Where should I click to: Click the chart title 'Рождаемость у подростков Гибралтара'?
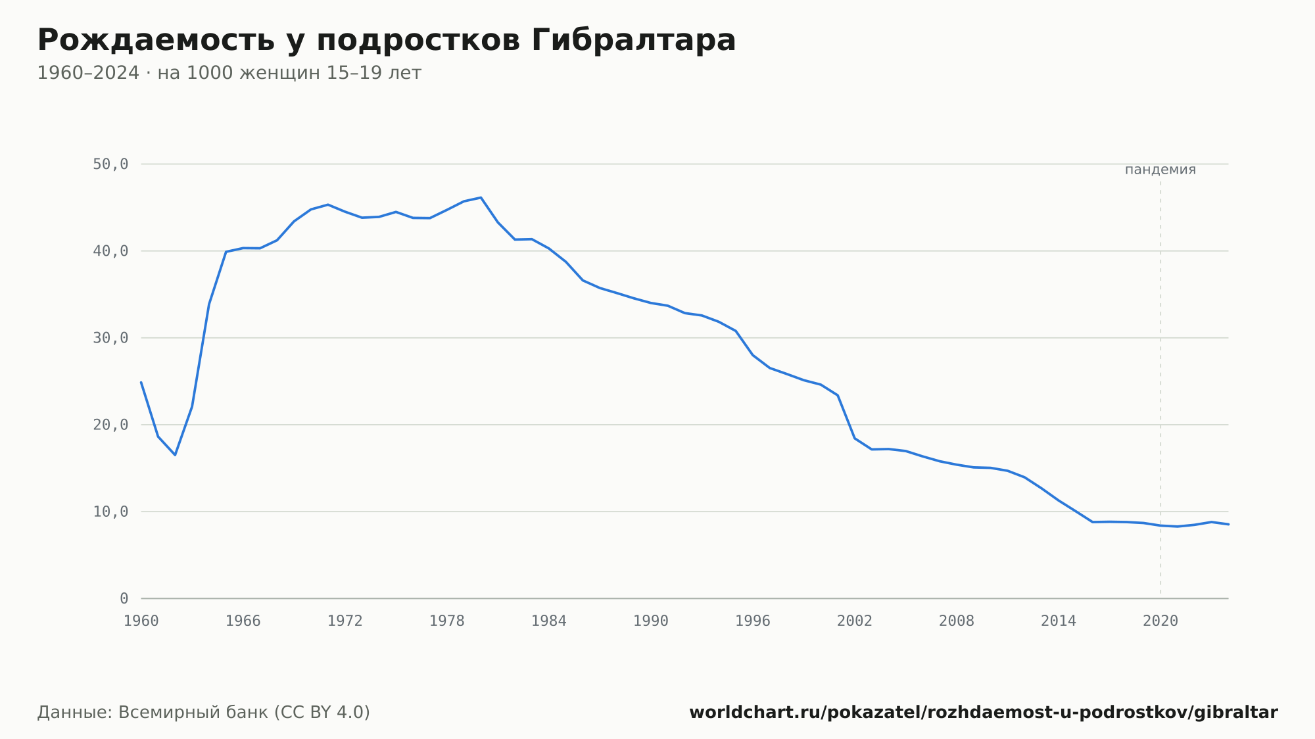coord(387,41)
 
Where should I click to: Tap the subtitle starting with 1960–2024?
coord(229,73)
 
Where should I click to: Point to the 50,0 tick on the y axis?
coord(110,164)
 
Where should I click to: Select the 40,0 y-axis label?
coord(110,251)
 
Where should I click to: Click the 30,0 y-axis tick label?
coord(110,338)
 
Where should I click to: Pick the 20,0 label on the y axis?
coord(110,425)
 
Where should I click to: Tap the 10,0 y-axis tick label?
coord(110,512)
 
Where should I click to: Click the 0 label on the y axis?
coord(124,598)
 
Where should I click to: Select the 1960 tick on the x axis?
coord(141,621)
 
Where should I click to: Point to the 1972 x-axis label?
coord(345,621)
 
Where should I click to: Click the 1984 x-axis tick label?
coord(549,621)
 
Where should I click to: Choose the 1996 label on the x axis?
coord(753,621)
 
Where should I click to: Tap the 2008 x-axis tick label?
coord(957,621)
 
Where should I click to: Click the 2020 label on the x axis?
coord(1160,621)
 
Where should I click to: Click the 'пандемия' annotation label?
coord(1160,170)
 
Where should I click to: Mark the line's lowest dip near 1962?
coord(175,455)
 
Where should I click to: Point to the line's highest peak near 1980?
coord(481,197)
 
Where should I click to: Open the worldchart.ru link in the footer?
coord(984,713)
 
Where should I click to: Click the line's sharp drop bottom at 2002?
coord(855,438)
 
